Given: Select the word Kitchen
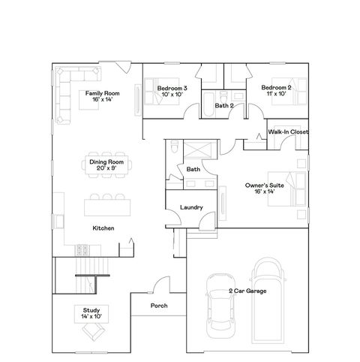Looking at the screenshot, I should coord(103,228).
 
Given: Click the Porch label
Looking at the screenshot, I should coord(158,306).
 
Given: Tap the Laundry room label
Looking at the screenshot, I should coord(191,207).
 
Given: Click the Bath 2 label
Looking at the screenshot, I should coord(224,106).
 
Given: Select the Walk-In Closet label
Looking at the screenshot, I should coord(288,132).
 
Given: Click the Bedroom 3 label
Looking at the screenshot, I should coord(172,92).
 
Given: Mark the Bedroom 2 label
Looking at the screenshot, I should coord(275,92).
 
